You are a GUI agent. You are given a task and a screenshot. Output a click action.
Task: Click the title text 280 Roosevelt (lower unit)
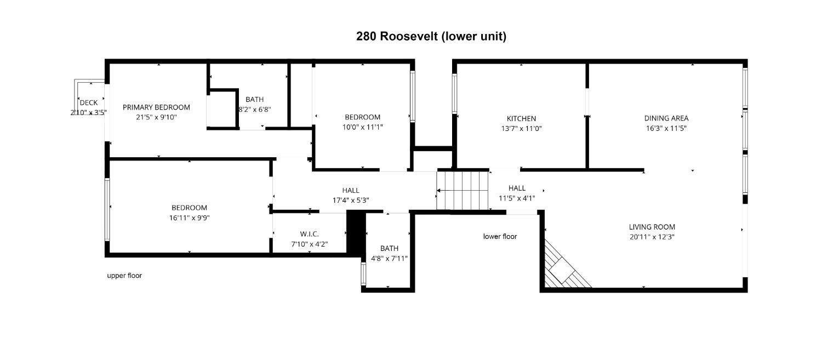pyautogui.click(x=431, y=36)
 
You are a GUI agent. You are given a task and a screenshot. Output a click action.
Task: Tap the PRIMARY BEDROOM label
pyautogui.click(x=156, y=107)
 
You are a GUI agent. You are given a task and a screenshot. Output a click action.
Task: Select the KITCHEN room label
pyautogui.click(x=521, y=118)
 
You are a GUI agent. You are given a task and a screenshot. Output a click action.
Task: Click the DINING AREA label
pyautogui.click(x=666, y=118)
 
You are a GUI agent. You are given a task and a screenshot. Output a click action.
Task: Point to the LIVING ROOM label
pyautogui.click(x=652, y=227)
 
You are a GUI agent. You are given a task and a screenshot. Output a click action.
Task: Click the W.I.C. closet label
pyautogui.click(x=309, y=234)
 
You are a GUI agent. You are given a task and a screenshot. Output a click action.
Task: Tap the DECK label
pyautogui.click(x=88, y=102)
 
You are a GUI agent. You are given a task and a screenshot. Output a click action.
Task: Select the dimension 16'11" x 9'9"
pyautogui.click(x=189, y=218)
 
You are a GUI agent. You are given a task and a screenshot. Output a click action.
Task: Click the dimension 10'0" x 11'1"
pyautogui.click(x=362, y=127)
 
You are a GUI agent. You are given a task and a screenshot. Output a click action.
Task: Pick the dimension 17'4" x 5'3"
pyautogui.click(x=351, y=200)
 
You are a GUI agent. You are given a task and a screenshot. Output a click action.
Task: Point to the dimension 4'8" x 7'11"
pyautogui.click(x=389, y=258)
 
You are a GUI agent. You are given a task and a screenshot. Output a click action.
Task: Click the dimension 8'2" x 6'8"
pyautogui.click(x=254, y=109)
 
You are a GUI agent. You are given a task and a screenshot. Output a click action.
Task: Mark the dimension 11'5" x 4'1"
pyautogui.click(x=517, y=198)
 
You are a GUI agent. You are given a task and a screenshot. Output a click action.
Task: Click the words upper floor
pyautogui.click(x=124, y=276)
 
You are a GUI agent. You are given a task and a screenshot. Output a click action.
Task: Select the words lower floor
pyautogui.click(x=500, y=237)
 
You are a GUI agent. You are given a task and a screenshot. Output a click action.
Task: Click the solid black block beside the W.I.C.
pyautogui.click(x=356, y=233)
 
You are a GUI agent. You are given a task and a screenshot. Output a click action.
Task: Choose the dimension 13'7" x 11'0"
pyautogui.click(x=521, y=128)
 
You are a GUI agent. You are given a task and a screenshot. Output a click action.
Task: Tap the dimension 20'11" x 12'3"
pyautogui.click(x=652, y=237)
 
